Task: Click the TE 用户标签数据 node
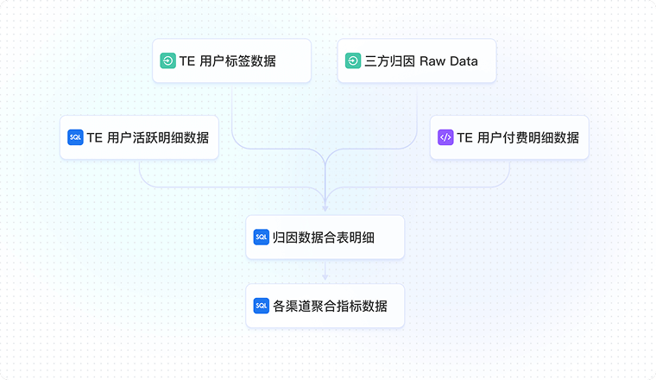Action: point(231,61)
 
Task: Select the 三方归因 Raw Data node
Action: point(416,61)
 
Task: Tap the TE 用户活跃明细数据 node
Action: point(139,137)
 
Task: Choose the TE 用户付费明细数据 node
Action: point(508,137)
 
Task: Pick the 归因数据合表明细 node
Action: point(325,237)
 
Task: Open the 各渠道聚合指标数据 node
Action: point(325,306)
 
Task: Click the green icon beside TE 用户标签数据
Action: point(168,61)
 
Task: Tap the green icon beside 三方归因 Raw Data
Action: point(353,61)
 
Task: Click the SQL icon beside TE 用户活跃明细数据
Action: point(75,137)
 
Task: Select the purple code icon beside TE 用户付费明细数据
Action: point(445,137)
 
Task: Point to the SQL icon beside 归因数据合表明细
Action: point(262,237)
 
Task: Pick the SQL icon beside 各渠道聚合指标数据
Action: point(262,306)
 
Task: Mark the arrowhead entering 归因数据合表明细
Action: point(325,208)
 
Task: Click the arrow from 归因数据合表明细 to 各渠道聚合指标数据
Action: point(325,270)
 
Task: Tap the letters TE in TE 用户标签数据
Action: point(187,61)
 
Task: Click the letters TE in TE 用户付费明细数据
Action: point(464,137)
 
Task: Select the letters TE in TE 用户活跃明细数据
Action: point(95,137)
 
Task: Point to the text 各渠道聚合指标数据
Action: point(330,306)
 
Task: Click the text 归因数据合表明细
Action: point(324,237)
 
